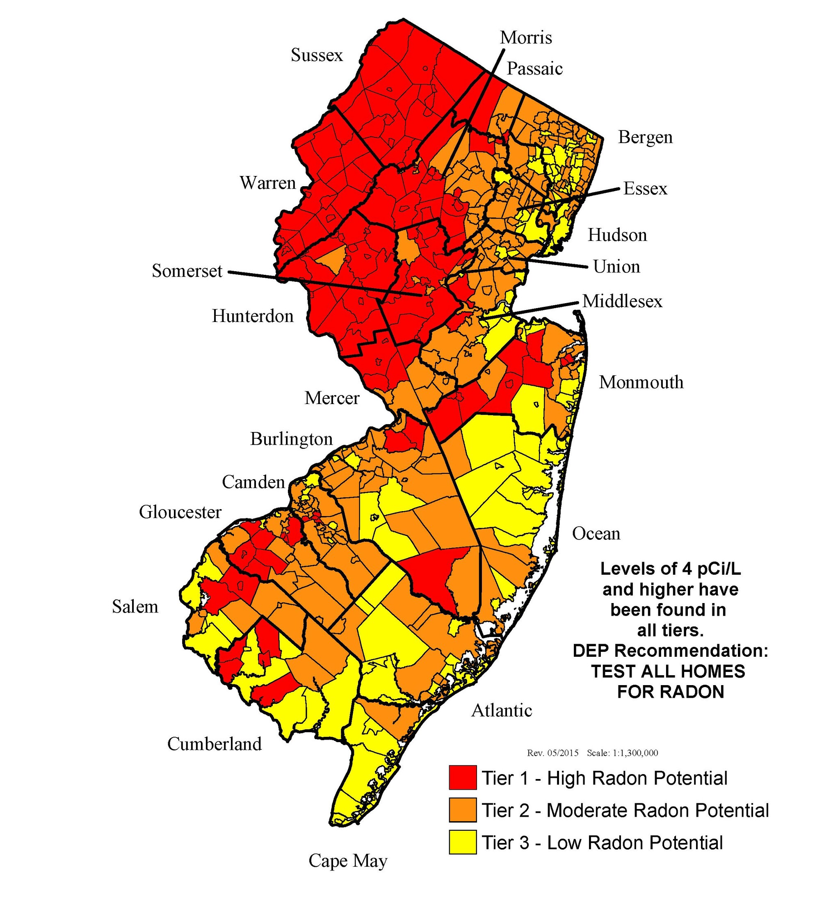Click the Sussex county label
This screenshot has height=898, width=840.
pyautogui.click(x=317, y=55)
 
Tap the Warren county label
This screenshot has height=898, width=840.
pyautogui.click(x=267, y=183)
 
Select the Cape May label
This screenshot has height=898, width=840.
pyautogui.click(x=348, y=861)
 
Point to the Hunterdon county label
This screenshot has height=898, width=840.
pyautogui.click(x=253, y=316)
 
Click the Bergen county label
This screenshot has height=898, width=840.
pyautogui.click(x=645, y=137)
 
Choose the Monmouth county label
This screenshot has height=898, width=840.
pyautogui.click(x=641, y=382)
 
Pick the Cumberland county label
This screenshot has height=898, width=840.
pyautogui.click(x=215, y=743)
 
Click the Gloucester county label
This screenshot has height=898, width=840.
pyautogui.click(x=180, y=512)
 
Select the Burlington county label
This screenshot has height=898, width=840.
pyautogui.click(x=291, y=439)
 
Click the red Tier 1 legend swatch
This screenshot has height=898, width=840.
pyautogui.click(x=463, y=778)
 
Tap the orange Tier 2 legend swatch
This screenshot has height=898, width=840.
pyautogui.click(x=463, y=810)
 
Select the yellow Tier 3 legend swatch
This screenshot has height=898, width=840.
pyautogui.click(x=463, y=842)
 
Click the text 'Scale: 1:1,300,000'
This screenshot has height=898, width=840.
pyautogui.click(x=622, y=753)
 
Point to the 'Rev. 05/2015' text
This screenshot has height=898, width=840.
pyautogui.click(x=552, y=753)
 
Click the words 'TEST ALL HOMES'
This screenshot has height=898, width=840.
pyautogui.click(x=668, y=671)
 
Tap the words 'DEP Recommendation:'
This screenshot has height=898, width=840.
pyautogui.click(x=670, y=651)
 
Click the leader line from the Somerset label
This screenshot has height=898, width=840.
pyautogui.click(x=316, y=282)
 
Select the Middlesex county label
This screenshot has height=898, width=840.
pyautogui.click(x=622, y=301)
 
